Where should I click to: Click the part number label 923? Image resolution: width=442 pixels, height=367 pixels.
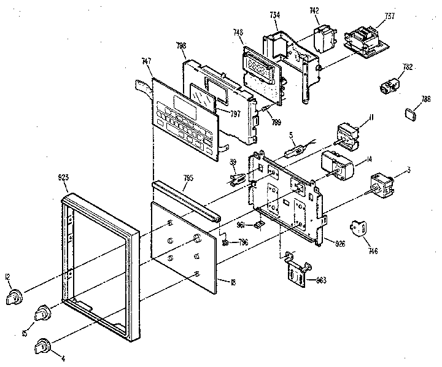(x=63, y=177)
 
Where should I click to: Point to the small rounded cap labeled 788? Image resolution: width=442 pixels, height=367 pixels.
(x=411, y=114)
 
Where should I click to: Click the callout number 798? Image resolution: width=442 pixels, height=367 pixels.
(x=182, y=45)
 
